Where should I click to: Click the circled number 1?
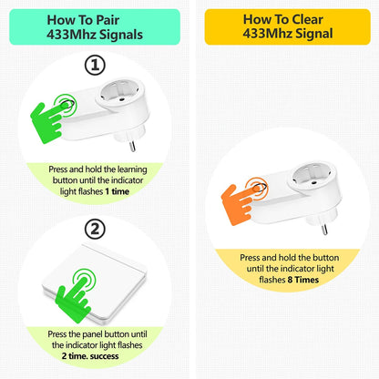tap(95, 65)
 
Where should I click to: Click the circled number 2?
tap(95, 229)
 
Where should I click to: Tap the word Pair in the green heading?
tap(108, 20)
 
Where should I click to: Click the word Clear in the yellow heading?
tap(308, 19)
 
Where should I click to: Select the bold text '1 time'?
tap(118, 191)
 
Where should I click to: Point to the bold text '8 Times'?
tap(303, 280)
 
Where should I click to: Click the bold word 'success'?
tap(104, 356)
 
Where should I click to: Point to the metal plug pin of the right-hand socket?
tap(324, 229)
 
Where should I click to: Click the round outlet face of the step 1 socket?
tap(120, 92)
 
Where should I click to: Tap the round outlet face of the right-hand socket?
tap(313, 176)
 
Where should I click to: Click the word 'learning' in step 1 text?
tap(132, 169)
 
